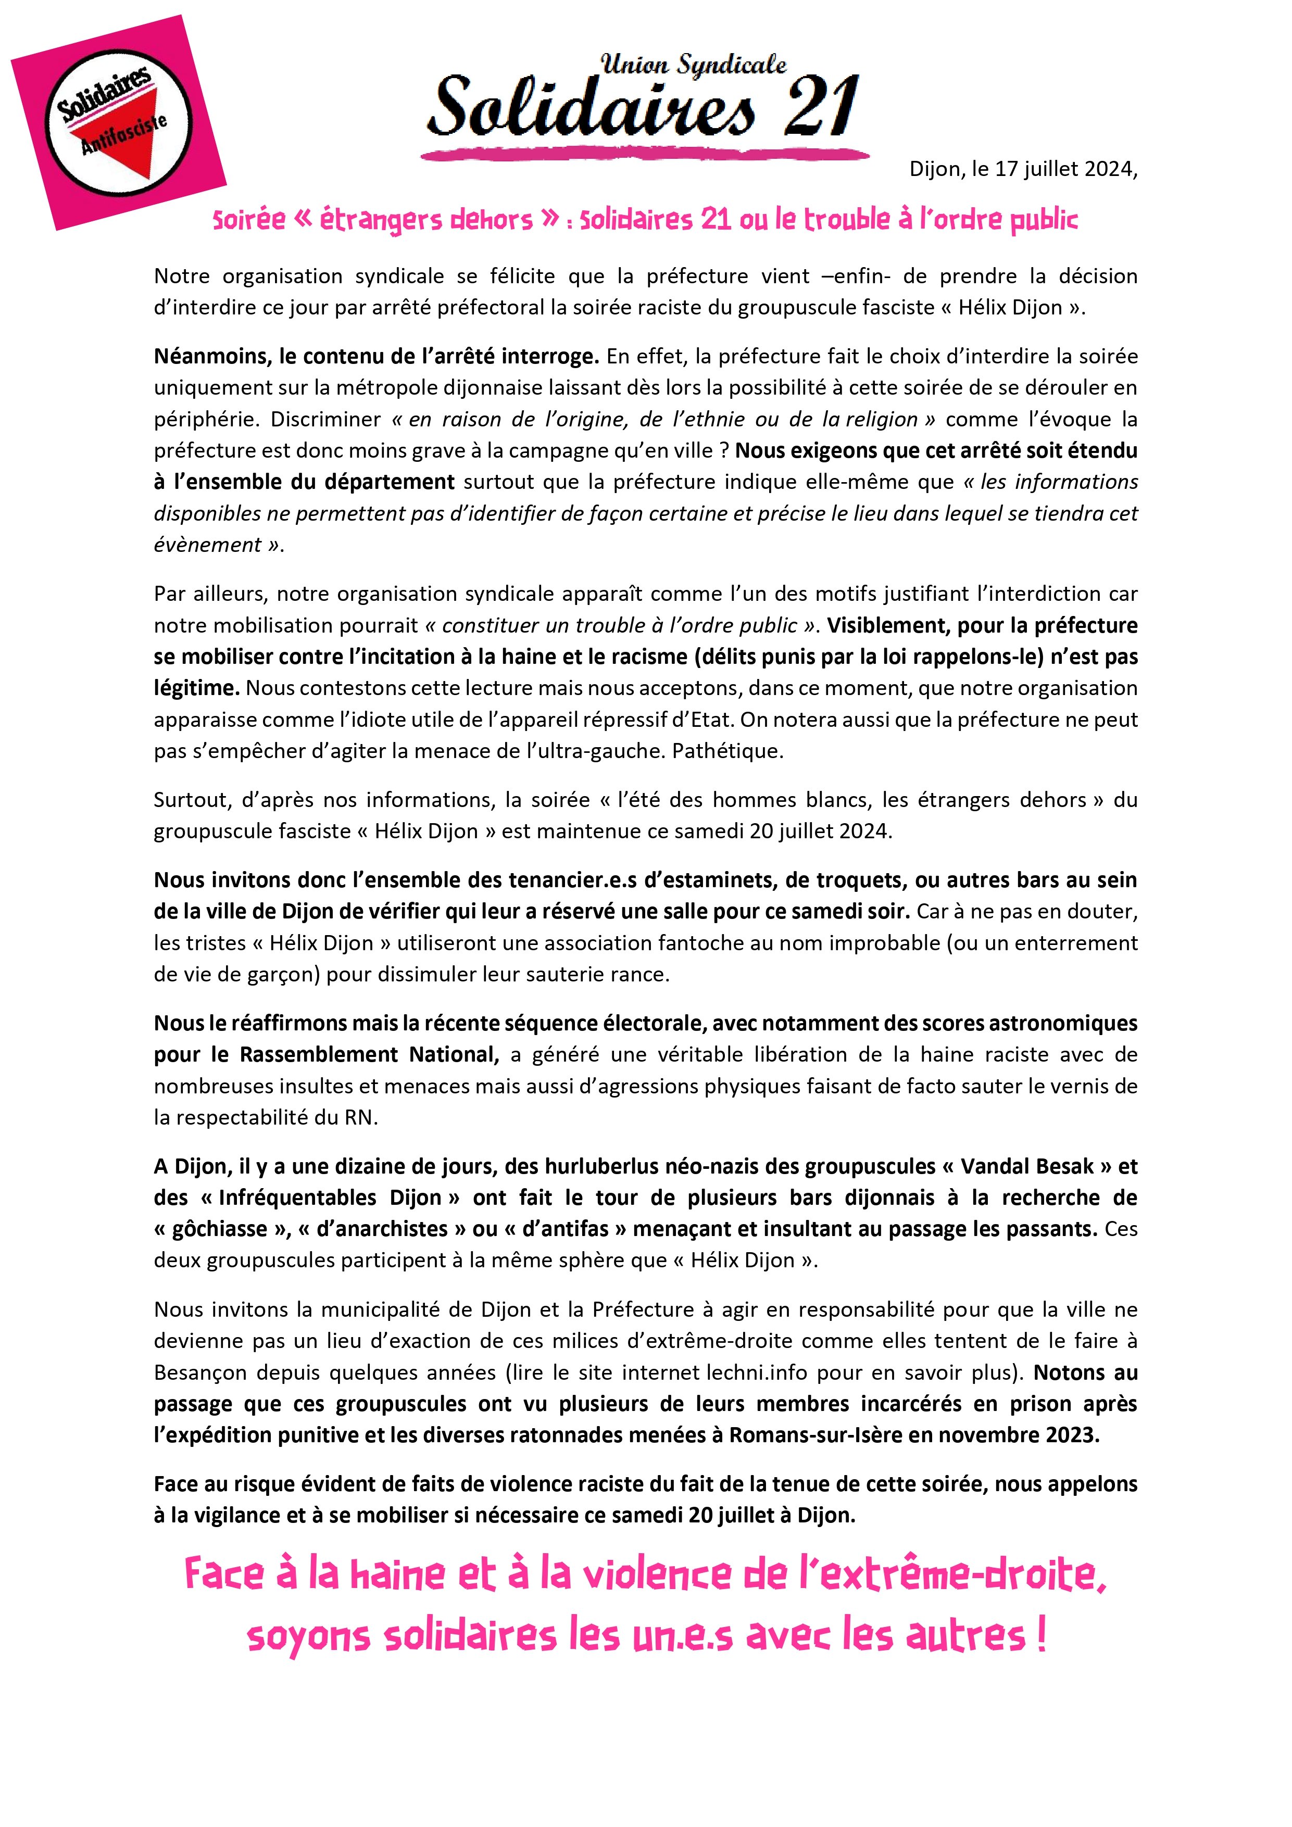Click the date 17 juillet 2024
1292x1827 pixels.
[x=1063, y=170]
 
